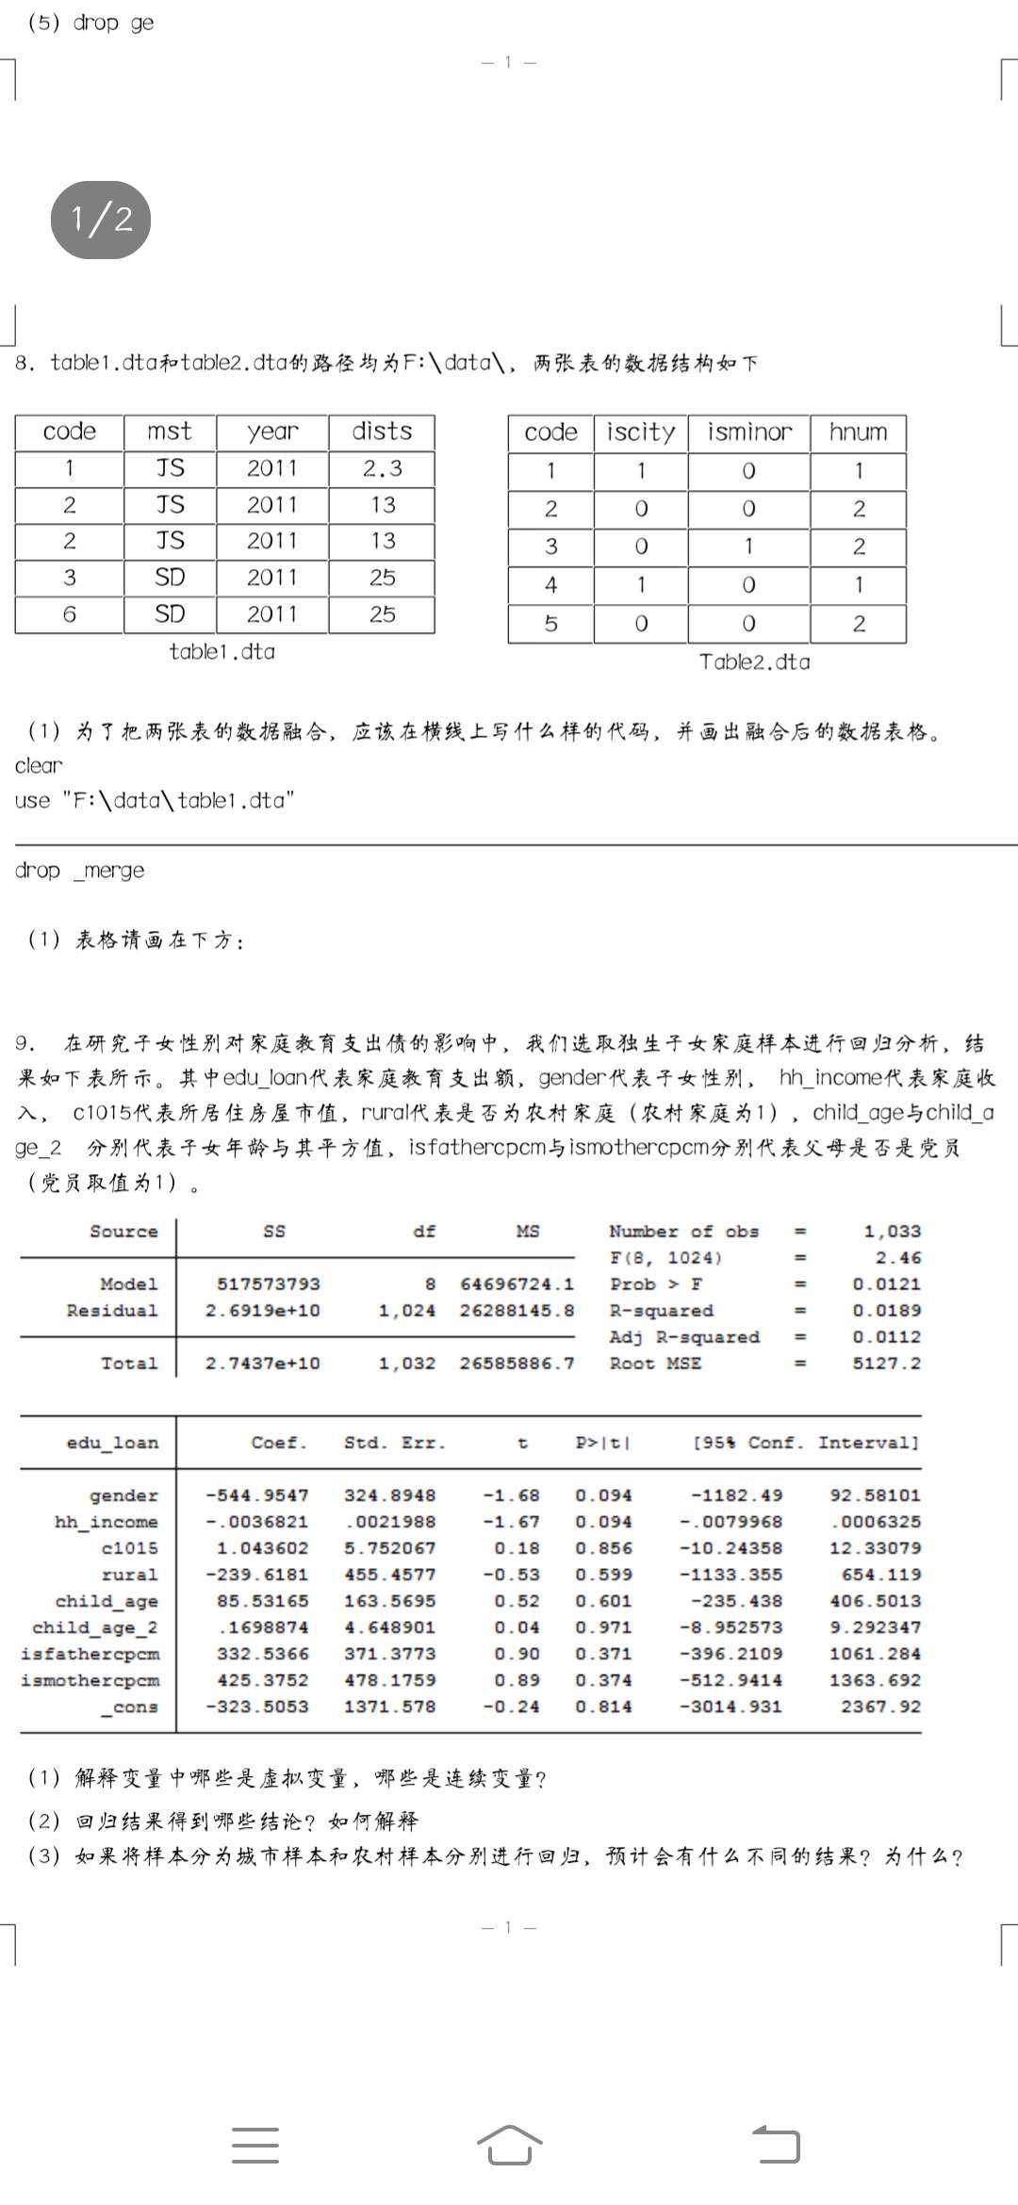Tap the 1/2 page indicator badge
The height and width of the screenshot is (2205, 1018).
click(x=101, y=220)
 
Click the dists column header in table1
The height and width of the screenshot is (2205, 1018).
click(x=382, y=432)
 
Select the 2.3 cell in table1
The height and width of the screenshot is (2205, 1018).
click(x=382, y=468)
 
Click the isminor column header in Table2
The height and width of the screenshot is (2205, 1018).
click(x=749, y=433)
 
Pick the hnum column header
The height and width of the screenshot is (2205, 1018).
click(x=858, y=433)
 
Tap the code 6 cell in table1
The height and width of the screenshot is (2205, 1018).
click(x=70, y=614)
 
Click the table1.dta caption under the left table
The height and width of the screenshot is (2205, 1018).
click(x=222, y=652)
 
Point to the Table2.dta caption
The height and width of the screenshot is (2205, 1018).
click(x=754, y=662)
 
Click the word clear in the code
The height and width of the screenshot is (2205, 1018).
click(x=39, y=766)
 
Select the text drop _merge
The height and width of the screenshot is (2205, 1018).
click(x=79, y=871)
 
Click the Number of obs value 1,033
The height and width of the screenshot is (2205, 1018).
click(x=892, y=1232)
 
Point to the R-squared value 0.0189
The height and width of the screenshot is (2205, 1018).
click(x=886, y=1311)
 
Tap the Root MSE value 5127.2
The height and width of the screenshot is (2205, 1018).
click(x=886, y=1364)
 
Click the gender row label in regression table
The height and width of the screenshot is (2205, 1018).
click(x=123, y=1495)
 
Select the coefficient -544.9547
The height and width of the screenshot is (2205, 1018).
click(x=256, y=1495)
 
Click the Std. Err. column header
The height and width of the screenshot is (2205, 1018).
click(x=394, y=1443)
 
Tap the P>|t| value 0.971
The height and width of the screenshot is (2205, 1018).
click(x=603, y=1627)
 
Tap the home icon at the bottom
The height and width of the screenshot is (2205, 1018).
click(x=509, y=2146)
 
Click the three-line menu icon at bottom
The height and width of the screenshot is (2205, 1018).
click(x=255, y=2146)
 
